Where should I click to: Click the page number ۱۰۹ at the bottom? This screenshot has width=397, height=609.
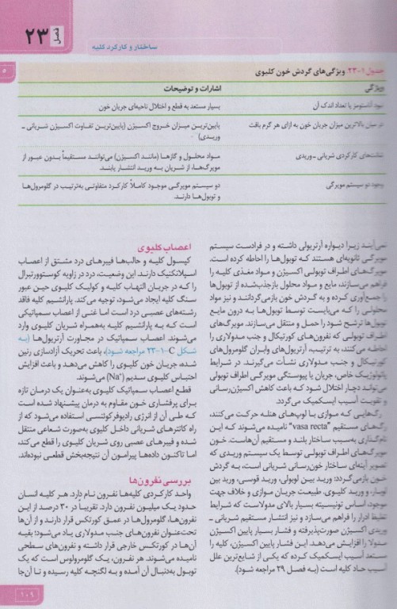(x=16, y=589)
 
